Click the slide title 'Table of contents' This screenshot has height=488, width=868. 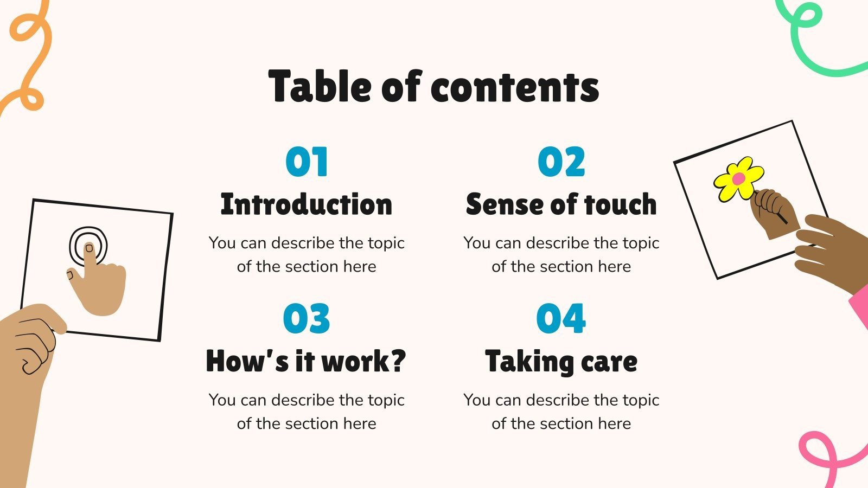(x=433, y=87)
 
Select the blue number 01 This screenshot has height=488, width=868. (x=307, y=162)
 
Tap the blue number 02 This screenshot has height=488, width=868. (x=561, y=162)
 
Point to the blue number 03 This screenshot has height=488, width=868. (x=307, y=319)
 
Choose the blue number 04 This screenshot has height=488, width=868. (x=561, y=319)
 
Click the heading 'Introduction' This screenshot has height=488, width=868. (x=307, y=204)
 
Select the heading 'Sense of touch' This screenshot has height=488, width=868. (x=561, y=204)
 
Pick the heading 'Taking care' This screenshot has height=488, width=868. (x=561, y=361)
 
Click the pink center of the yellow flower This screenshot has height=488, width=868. (x=738, y=178)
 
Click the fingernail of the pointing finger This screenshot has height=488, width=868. (x=90, y=249)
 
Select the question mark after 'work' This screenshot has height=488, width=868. (x=398, y=361)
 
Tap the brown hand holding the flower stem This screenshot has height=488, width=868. (x=773, y=211)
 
